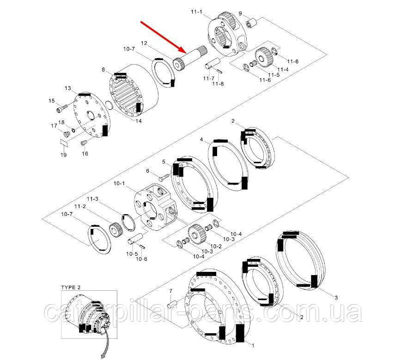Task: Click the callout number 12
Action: [144, 43]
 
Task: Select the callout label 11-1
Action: [196, 12]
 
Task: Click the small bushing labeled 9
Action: [251, 24]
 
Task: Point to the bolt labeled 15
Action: [61, 108]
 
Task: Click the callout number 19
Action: [64, 155]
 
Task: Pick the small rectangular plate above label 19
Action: [64, 143]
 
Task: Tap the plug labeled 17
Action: [67, 134]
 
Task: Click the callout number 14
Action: [139, 121]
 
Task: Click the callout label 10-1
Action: [119, 184]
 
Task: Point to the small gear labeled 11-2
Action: [114, 228]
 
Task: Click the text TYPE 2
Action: [71, 288]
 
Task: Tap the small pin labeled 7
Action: [173, 303]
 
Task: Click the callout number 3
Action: [336, 298]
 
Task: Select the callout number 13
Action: [68, 88]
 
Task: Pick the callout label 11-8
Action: [218, 84]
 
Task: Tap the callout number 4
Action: [201, 139]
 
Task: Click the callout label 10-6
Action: [141, 259]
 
